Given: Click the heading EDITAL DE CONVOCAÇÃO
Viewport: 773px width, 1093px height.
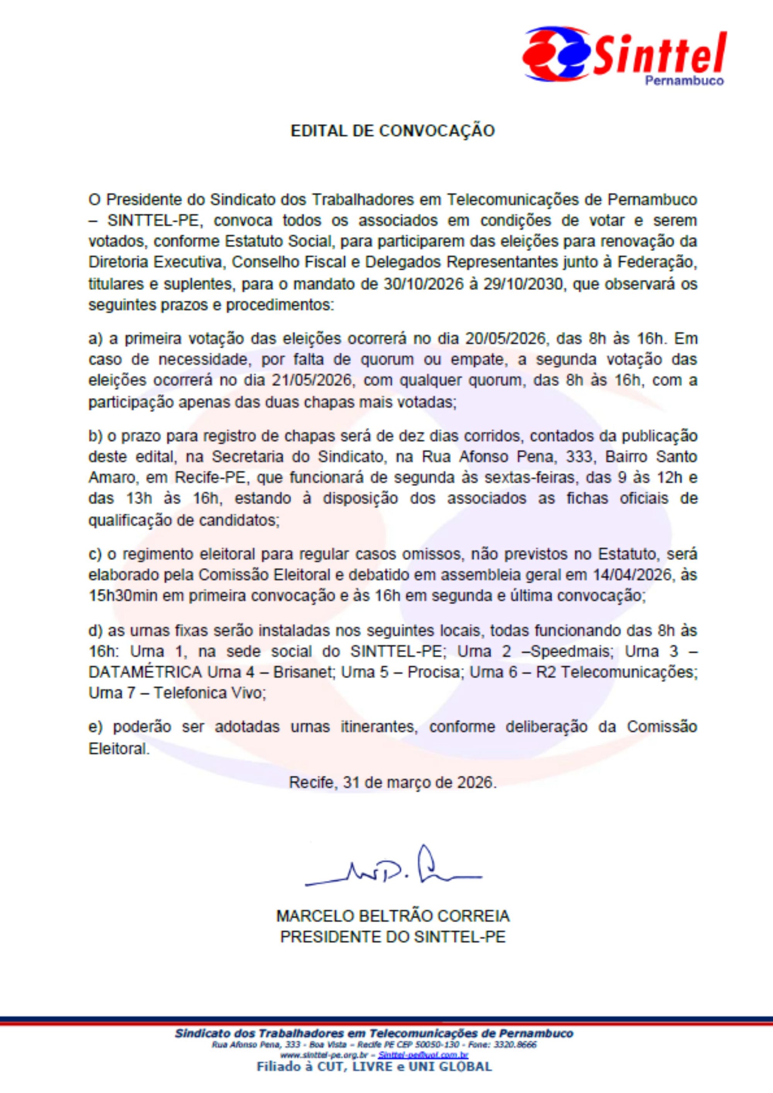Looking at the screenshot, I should (393, 131).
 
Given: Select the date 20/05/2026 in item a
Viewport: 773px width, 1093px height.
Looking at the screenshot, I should (504, 340).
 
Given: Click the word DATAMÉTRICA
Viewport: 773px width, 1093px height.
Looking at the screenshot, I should (145, 672).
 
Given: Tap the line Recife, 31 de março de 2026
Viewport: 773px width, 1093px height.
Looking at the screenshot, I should (393, 783).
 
